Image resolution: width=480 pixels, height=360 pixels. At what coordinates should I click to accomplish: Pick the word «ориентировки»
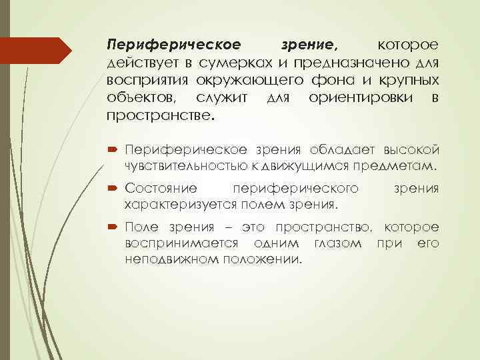click(x=363, y=98)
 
